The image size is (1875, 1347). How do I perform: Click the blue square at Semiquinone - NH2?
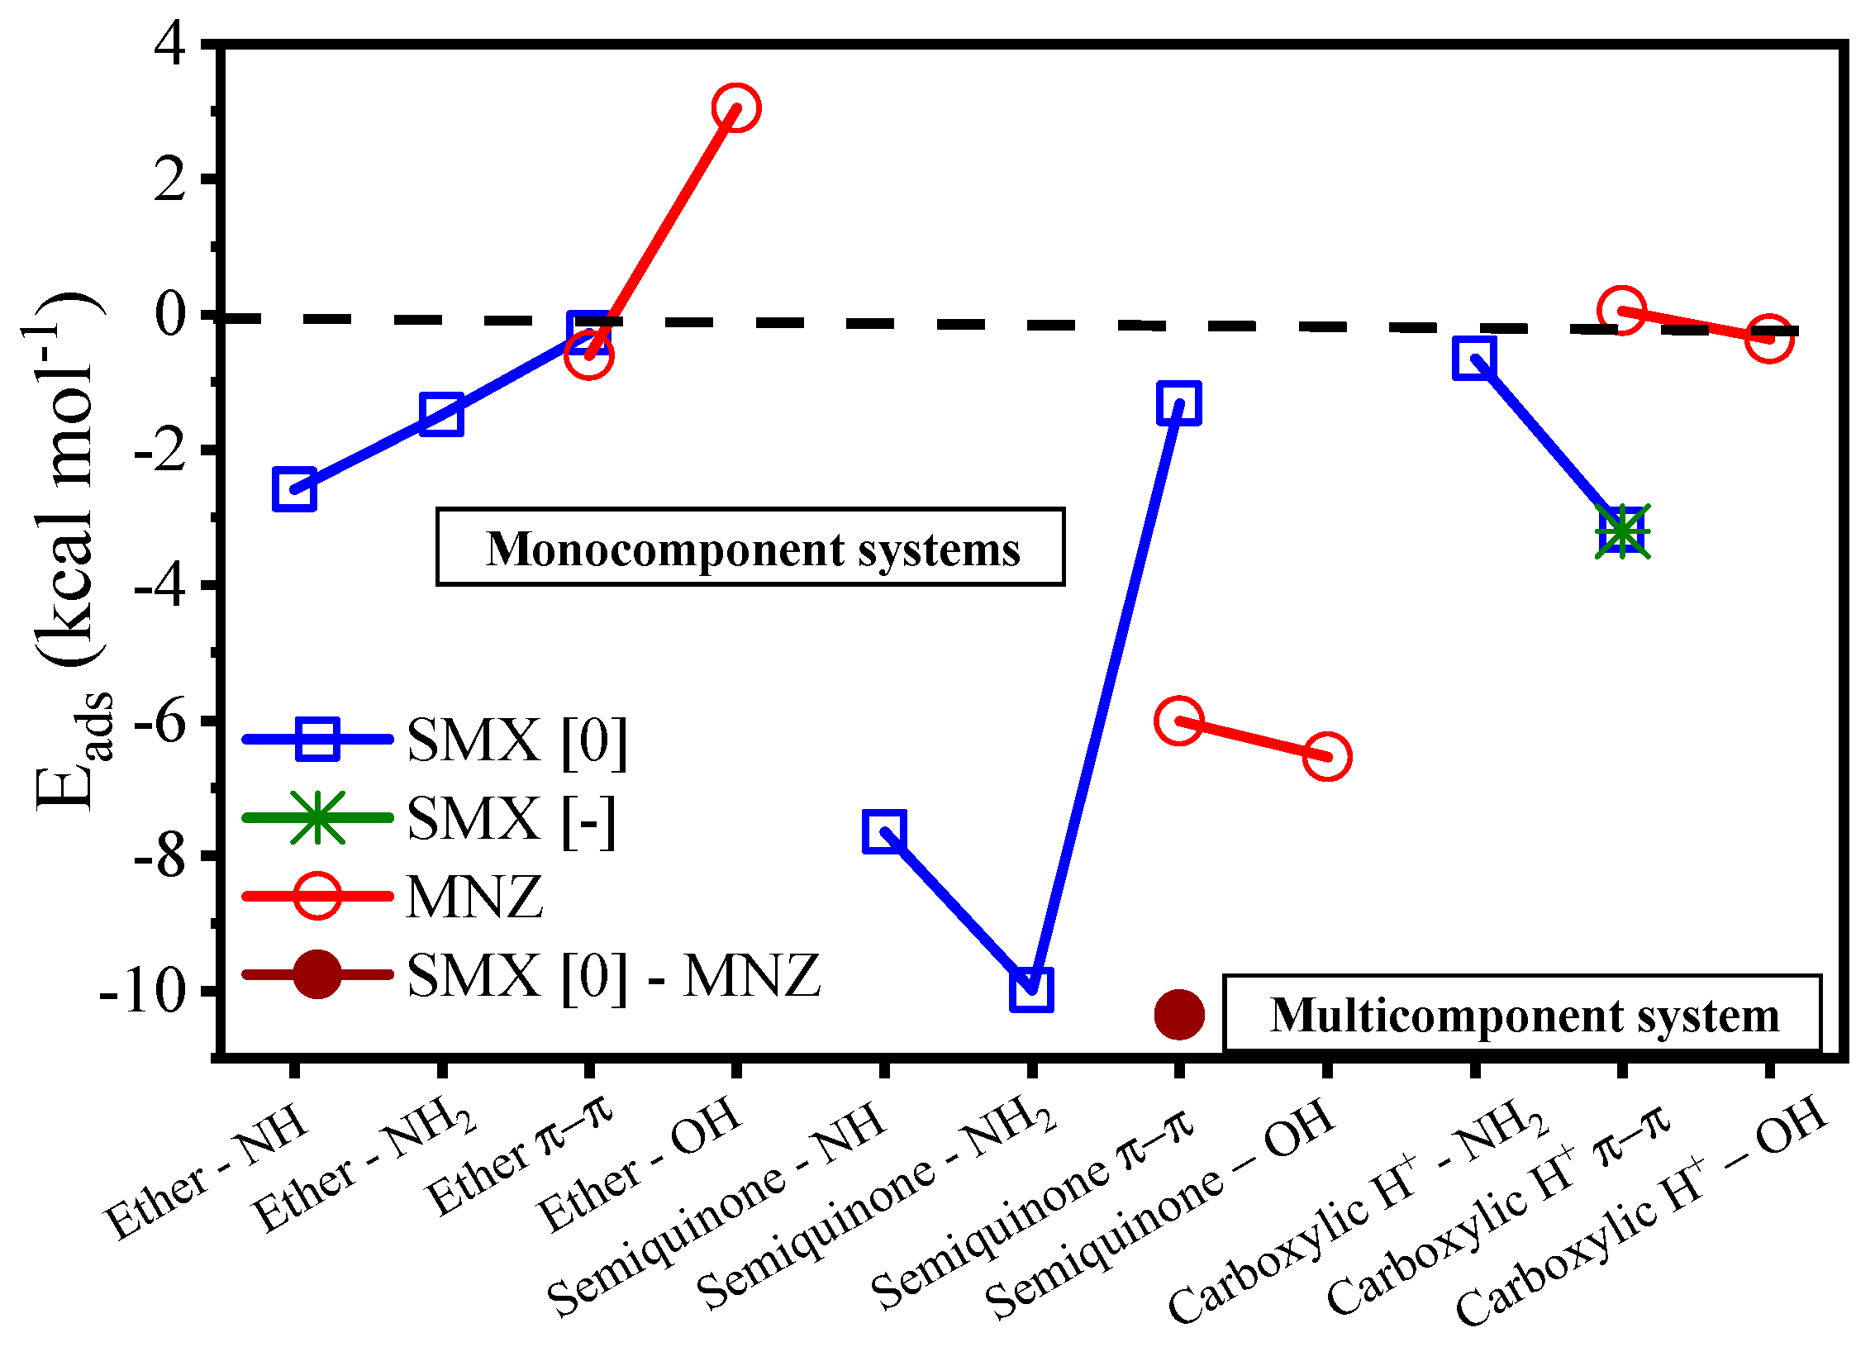pos(1031,990)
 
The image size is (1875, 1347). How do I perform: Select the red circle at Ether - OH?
pos(735,107)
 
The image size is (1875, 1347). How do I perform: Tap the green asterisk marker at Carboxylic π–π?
pos(1622,531)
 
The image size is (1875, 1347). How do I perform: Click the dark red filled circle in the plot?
pos(1179,1014)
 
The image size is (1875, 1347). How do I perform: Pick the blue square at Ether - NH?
pos(294,489)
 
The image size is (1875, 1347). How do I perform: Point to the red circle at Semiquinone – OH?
pos(1327,756)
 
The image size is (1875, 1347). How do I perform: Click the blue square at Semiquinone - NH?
pos(883,831)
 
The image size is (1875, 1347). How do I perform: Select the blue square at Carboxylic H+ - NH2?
pos(1473,357)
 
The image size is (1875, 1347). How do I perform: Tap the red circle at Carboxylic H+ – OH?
pos(1769,338)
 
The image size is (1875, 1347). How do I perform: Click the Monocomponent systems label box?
pos(750,547)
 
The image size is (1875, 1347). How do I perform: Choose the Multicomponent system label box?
pos(1522,1014)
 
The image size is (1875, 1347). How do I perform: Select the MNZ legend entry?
pos(474,897)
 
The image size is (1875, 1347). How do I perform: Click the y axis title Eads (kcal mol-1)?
pos(70,550)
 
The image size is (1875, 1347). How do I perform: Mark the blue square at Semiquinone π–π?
pos(1179,403)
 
